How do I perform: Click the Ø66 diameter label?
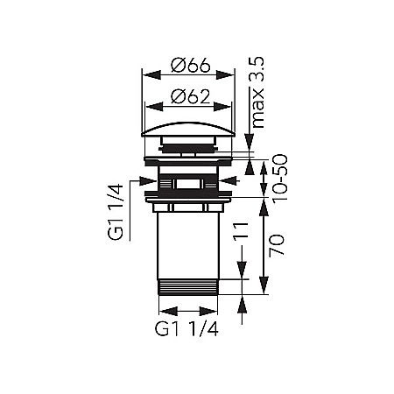[x=188, y=65]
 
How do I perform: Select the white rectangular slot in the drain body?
[x=188, y=184]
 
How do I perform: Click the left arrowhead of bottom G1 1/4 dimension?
[x=163, y=310]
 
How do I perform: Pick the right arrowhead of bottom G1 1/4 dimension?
[x=215, y=310]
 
